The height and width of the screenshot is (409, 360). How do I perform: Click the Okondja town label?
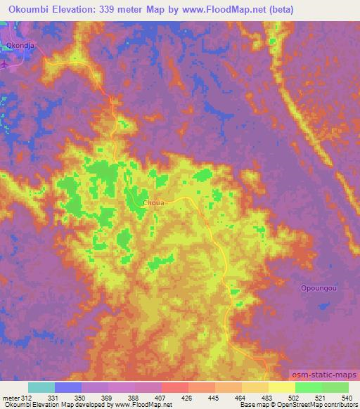point(20,46)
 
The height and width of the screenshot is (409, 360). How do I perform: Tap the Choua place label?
point(154,203)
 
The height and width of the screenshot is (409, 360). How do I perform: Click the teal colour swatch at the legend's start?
point(41,387)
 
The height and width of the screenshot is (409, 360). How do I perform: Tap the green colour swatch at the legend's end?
point(335,387)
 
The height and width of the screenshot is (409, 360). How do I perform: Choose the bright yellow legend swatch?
point(281,387)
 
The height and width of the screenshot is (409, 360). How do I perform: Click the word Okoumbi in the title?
point(25,9)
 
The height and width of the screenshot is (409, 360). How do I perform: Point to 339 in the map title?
point(118,9)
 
